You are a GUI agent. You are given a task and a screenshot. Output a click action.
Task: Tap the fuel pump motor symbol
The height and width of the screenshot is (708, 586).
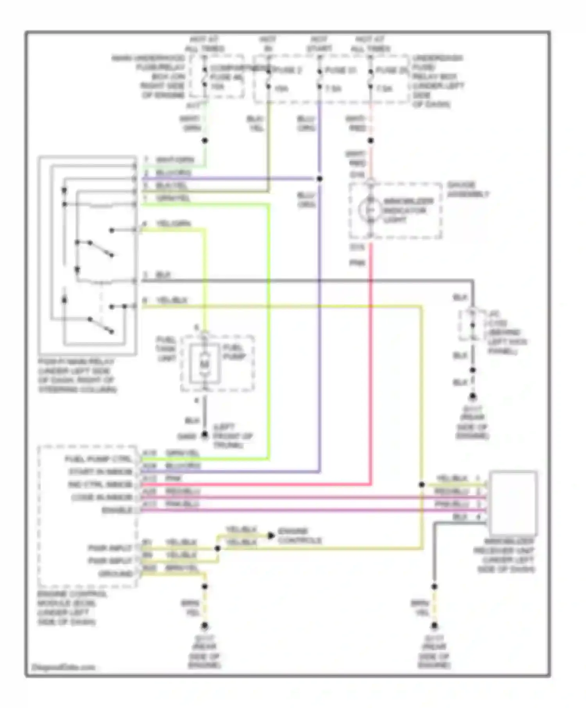coord(205,364)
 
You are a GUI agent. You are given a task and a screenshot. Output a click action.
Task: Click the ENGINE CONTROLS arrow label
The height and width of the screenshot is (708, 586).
coord(299,536)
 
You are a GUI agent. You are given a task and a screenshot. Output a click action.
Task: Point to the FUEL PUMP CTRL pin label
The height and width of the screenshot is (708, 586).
coord(98,459)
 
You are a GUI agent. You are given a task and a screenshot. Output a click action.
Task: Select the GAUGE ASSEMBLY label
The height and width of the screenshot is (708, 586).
coord(467,190)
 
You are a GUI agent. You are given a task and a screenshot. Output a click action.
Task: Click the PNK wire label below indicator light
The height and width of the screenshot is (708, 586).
coord(357,263)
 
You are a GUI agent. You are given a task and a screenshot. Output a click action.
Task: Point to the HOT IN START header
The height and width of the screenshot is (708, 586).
coord(319,44)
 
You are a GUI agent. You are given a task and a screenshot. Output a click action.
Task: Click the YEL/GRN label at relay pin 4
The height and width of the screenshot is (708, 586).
coord(173,224)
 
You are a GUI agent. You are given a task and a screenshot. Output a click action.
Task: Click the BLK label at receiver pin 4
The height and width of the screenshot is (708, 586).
coord(460,517)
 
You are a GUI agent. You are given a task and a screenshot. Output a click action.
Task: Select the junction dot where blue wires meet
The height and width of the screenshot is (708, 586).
coord(320,179)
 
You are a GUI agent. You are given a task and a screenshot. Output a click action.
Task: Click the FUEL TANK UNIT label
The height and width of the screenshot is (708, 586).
coord(166,349)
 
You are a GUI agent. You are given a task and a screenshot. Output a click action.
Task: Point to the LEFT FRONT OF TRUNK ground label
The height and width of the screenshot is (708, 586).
coord(233,436)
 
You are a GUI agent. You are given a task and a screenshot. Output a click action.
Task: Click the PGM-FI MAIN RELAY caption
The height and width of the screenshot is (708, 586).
coord(77,375)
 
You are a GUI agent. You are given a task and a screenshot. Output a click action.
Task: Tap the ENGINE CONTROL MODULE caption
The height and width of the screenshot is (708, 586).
coord(72,608)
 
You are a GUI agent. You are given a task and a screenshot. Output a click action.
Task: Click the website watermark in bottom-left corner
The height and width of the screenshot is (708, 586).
coord(63,667)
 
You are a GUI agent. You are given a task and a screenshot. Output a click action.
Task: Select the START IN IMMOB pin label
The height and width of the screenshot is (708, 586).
coord(101,472)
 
